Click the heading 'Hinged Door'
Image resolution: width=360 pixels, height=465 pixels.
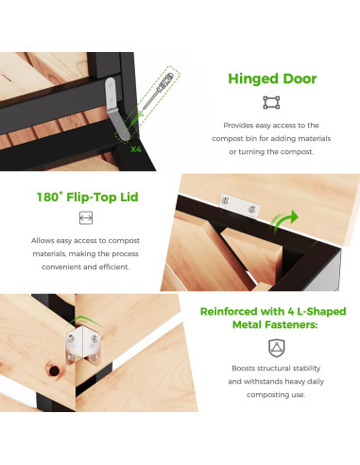pyautogui.click(x=272, y=78)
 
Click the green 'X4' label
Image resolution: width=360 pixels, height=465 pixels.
pyautogui.click(x=136, y=149)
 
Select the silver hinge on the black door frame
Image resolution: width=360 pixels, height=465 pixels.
pyautogui.click(x=116, y=108)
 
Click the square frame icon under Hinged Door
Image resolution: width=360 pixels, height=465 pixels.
pyautogui.click(x=271, y=103)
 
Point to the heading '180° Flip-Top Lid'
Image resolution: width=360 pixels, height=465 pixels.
pyautogui.click(x=88, y=197)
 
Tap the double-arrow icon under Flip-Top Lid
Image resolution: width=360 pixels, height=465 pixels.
pyautogui.click(x=86, y=217)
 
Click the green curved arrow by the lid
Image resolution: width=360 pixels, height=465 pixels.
pyautogui.click(x=284, y=221)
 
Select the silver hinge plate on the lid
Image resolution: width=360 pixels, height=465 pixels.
pyautogui.click(x=240, y=206)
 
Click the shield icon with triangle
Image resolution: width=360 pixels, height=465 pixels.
pyautogui.click(x=276, y=348)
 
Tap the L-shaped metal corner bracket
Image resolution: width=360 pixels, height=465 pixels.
pyautogui.click(x=83, y=346)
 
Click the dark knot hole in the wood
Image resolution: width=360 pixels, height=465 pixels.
pyautogui.click(x=54, y=370)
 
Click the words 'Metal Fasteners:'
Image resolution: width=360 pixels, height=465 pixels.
pyautogui.click(x=275, y=324)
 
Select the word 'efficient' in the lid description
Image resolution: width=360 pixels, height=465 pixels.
pyautogui.click(x=114, y=267)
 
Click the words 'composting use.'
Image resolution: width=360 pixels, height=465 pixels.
pyautogui.click(x=276, y=395)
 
